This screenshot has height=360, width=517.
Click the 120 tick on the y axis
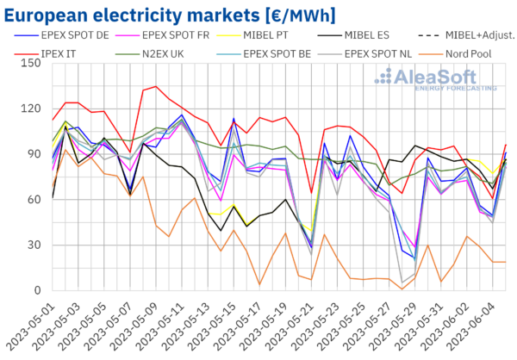coord(34,109)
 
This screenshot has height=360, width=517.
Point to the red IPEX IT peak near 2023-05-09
coord(155,86)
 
